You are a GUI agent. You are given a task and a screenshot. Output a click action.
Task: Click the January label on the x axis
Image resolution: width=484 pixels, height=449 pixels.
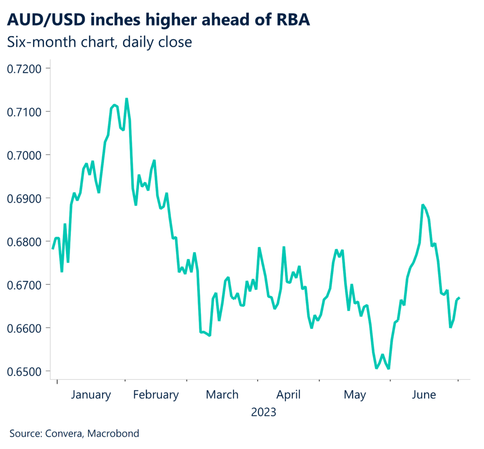pyautogui.click(x=91, y=395)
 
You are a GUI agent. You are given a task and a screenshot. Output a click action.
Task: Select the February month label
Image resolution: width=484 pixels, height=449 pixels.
pyautogui.click(x=156, y=395)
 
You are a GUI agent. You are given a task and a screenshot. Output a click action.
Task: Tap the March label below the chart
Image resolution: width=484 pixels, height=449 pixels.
pyautogui.click(x=222, y=395)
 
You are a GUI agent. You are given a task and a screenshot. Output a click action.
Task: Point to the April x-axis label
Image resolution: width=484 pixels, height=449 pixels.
pyautogui.click(x=288, y=395)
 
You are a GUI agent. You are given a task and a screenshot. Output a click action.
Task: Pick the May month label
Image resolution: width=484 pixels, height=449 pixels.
pyautogui.click(x=354, y=395)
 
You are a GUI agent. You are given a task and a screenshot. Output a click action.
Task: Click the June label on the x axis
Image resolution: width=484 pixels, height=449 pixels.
pyautogui.click(x=424, y=395)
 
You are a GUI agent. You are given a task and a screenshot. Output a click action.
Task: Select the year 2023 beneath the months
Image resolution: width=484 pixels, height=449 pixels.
pyautogui.click(x=263, y=412)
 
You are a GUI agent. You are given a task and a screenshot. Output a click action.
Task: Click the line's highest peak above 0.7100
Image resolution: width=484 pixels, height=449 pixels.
pyautogui.click(x=126, y=99)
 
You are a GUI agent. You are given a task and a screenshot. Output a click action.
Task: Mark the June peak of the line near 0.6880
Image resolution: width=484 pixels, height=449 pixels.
pyautogui.click(x=422, y=205)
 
